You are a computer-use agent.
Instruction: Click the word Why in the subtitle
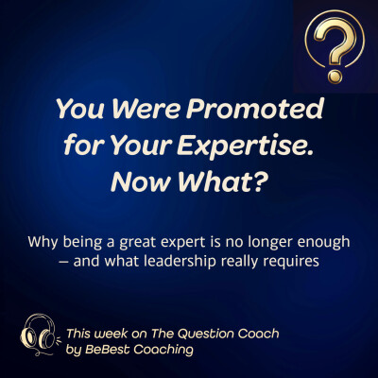49,242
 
